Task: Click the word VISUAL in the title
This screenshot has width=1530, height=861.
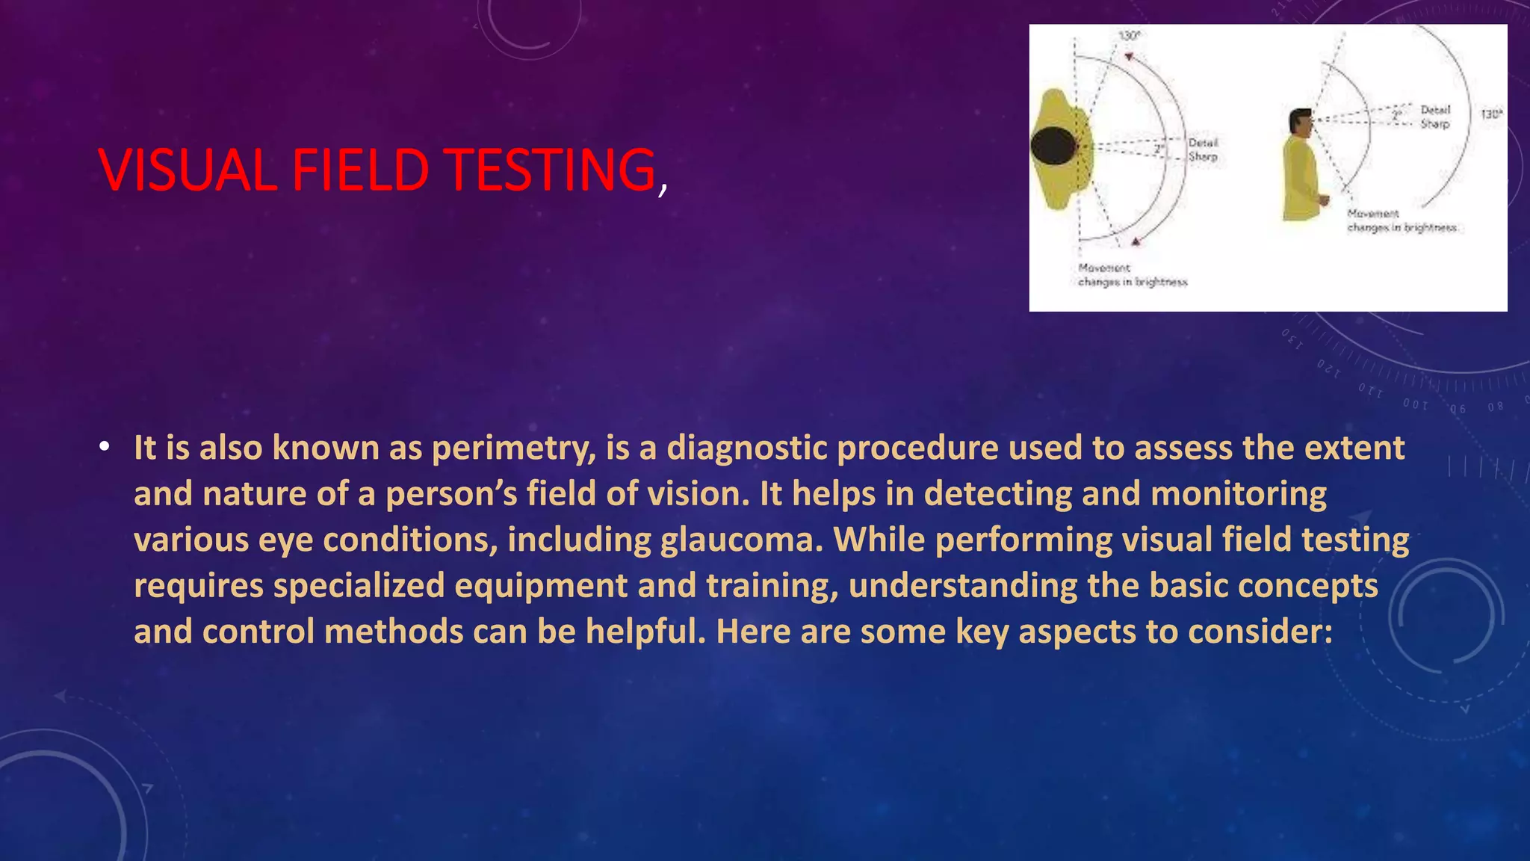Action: coord(188,170)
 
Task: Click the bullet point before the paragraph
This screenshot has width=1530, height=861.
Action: coord(104,448)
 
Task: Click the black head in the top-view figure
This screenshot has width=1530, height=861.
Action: coord(1053,146)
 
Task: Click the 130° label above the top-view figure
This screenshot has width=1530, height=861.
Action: coord(1129,36)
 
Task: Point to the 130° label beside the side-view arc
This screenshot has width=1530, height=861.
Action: coord(1491,114)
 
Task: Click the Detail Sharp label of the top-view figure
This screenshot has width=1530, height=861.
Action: coord(1203,149)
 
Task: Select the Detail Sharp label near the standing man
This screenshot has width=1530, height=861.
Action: coord(1434,117)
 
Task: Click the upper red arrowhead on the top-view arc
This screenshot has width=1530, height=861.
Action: coord(1129,57)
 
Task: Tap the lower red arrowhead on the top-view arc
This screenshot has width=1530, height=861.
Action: coord(1136,241)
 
